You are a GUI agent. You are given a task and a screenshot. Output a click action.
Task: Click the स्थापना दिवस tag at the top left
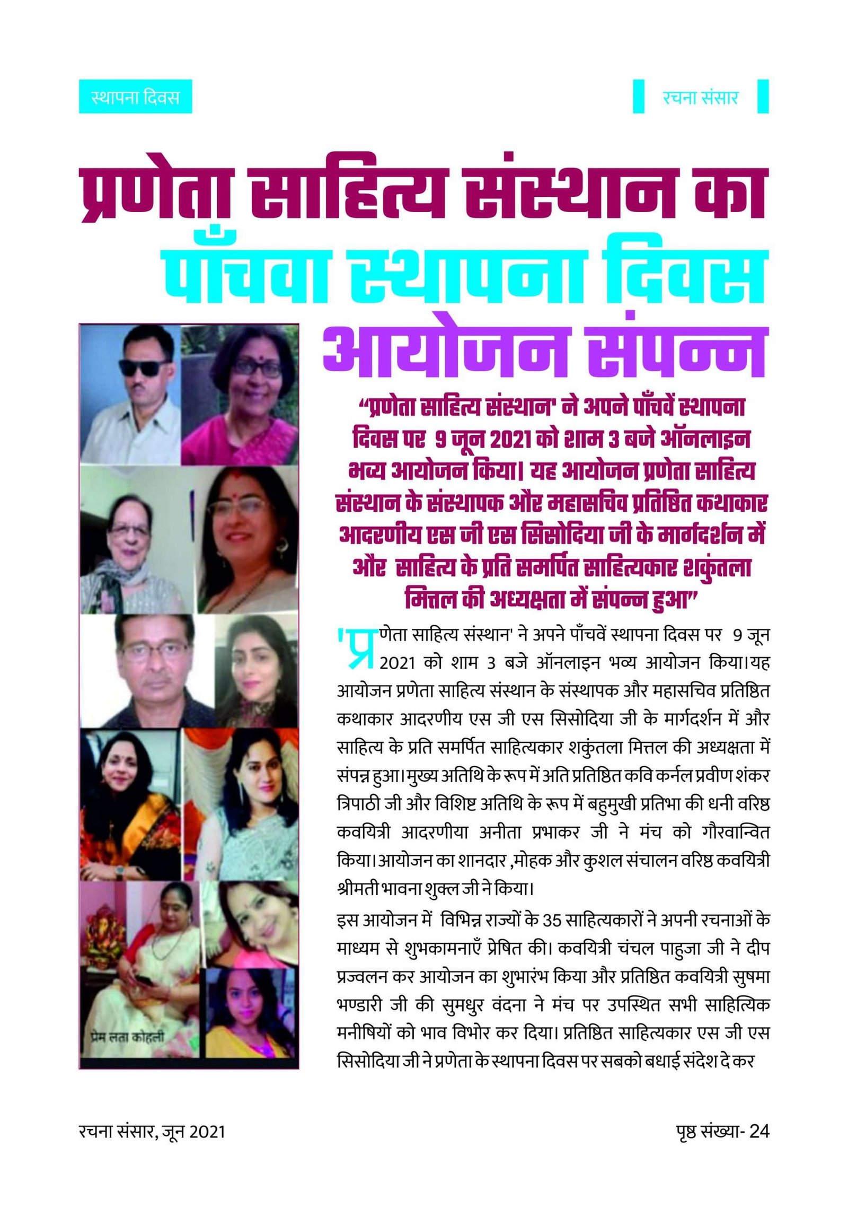point(135,97)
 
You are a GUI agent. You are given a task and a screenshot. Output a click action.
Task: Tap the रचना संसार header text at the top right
point(700,98)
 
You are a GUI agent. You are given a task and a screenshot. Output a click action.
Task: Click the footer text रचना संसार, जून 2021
point(152,1131)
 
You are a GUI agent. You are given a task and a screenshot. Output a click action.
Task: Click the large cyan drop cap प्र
point(359,648)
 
